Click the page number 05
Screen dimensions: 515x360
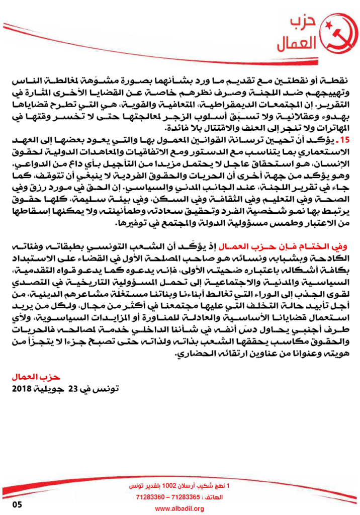pyautogui.click(x=18, y=505)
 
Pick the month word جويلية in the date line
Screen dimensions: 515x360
pyautogui.click(x=49, y=389)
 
